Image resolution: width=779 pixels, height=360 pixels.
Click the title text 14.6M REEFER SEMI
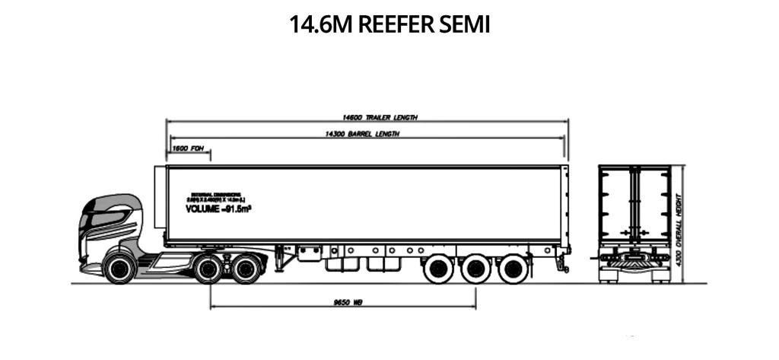click(389, 24)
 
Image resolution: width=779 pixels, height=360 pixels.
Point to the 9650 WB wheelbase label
click(347, 302)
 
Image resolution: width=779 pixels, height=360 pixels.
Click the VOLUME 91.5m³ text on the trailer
click(218, 208)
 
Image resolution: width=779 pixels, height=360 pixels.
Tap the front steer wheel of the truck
click(119, 269)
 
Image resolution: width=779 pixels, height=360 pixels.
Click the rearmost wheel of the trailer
click(513, 268)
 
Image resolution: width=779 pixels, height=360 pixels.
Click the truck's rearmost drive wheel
click(245, 269)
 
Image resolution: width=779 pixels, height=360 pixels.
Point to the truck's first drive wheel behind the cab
click(208, 269)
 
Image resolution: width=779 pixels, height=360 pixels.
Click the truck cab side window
click(104, 219)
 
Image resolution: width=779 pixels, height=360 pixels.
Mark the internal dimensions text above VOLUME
click(217, 196)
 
